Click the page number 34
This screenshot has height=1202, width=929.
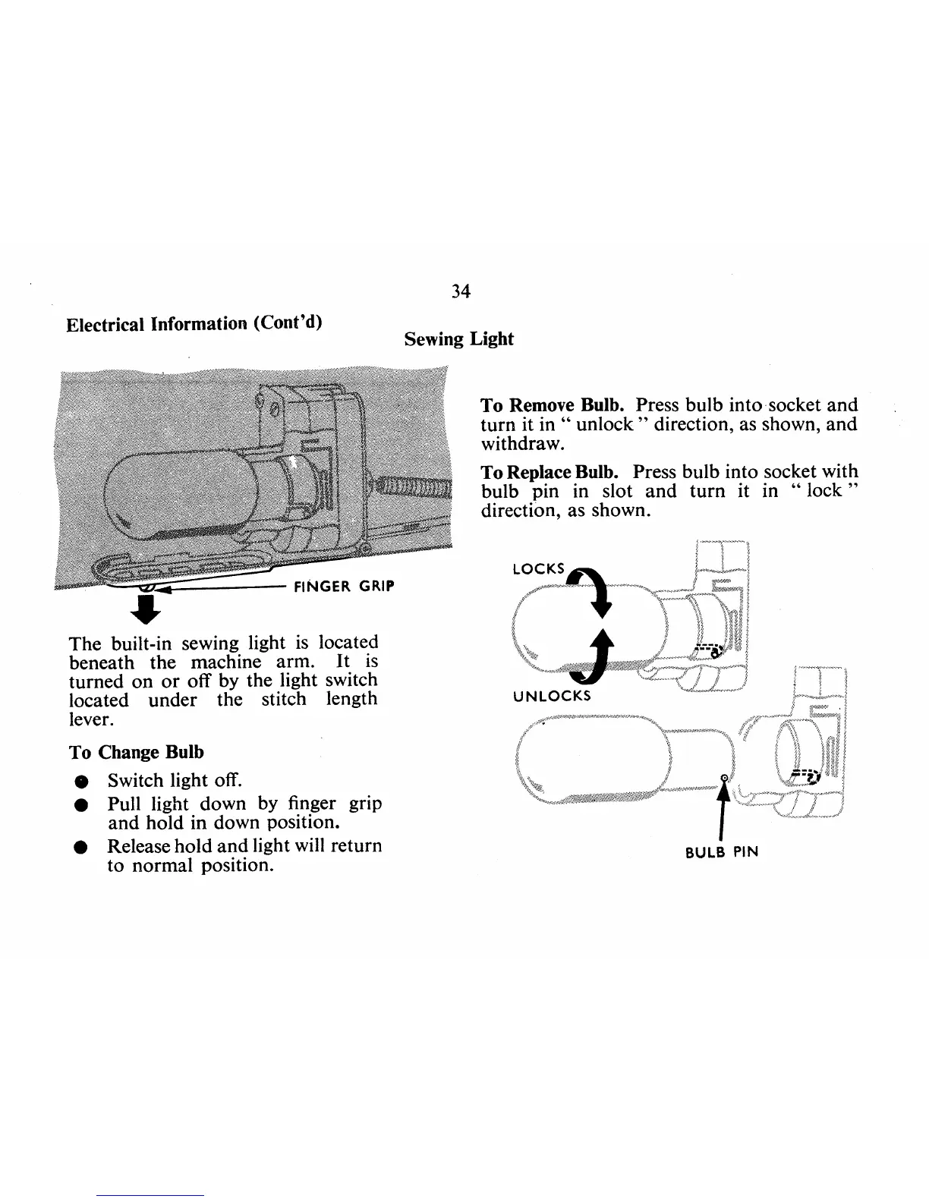coord(461,291)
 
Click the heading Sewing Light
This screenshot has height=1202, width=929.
coord(458,338)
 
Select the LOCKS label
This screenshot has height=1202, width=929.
coord(539,569)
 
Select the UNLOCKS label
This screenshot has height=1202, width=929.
coord(552,695)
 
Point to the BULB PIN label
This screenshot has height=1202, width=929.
coord(721,851)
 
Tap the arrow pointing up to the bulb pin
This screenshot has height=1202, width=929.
coord(725,804)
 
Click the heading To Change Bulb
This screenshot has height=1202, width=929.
coord(137,753)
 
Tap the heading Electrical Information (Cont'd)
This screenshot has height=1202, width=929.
coord(194,324)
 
